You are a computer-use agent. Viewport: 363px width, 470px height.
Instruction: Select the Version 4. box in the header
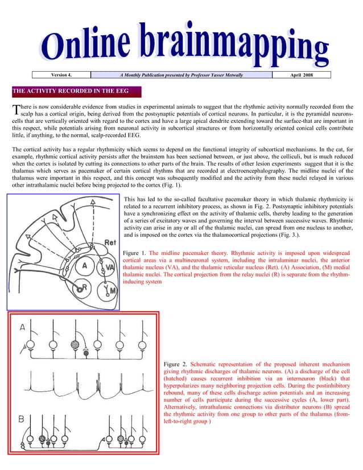[62, 75]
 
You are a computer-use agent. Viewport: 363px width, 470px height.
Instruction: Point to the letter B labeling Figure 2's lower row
[22, 419]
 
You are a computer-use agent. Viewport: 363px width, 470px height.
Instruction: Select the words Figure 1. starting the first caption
[135, 252]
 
